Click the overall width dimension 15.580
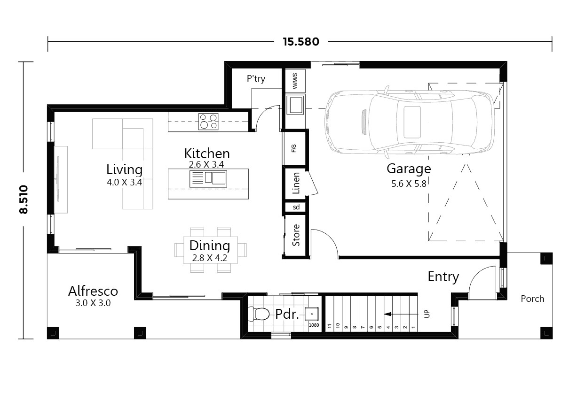(x=300, y=42)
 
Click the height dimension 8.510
(x=24, y=199)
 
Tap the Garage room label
(x=408, y=168)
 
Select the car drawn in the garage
(x=409, y=121)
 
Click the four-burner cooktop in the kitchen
(x=208, y=121)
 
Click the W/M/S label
(x=295, y=81)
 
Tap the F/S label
(x=294, y=149)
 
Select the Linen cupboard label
(x=296, y=184)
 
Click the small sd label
(x=296, y=207)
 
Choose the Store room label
(x=296, y=236)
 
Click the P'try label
(x=256, y=79)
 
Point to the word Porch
(x=532, y=299)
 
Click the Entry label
(x=443, y=277)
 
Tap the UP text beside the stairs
(x=427, y=314)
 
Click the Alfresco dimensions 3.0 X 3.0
(x=93, y=303)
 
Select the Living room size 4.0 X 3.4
(x=124, y=183)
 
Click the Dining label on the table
(x=210, y=246)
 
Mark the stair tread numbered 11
(x=330, y=325)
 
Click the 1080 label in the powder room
(x=314, y=325)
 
